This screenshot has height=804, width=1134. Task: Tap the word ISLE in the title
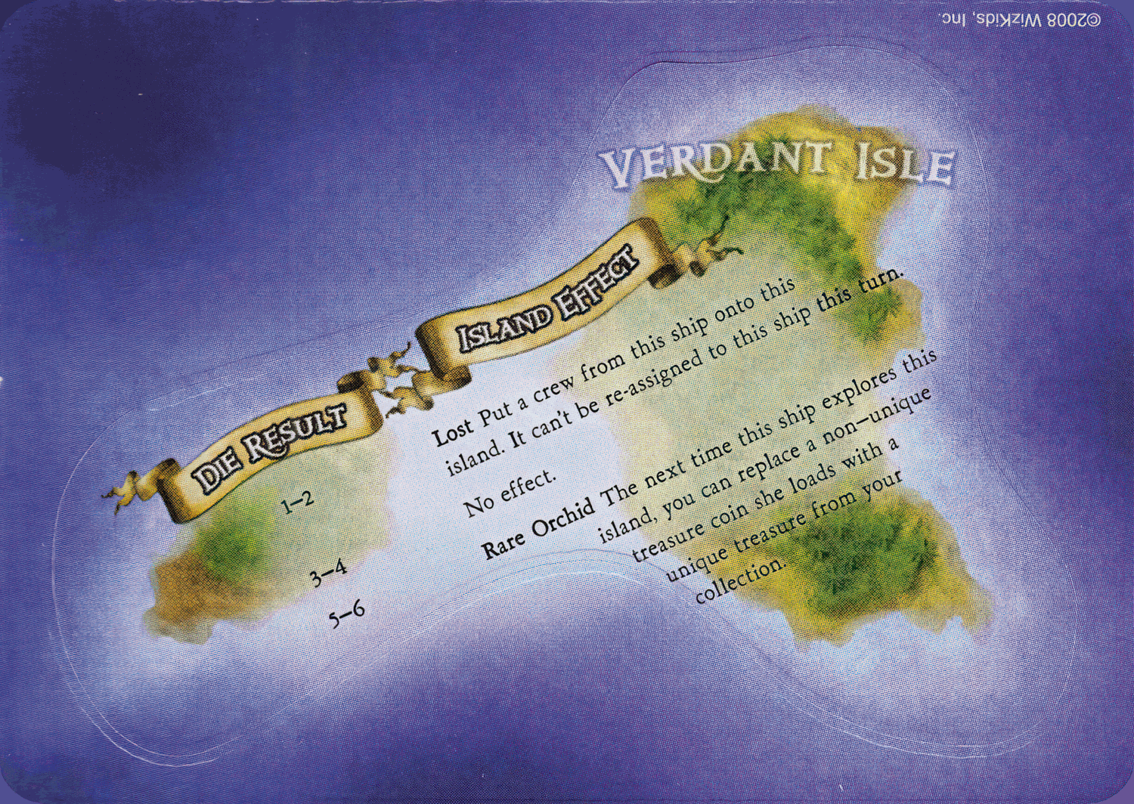tap(905, 164)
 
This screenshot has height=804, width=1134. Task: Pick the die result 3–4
tap(328, 574)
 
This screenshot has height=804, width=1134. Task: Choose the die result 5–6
tap(347, 614)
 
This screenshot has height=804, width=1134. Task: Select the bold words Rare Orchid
tap(538, 527)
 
